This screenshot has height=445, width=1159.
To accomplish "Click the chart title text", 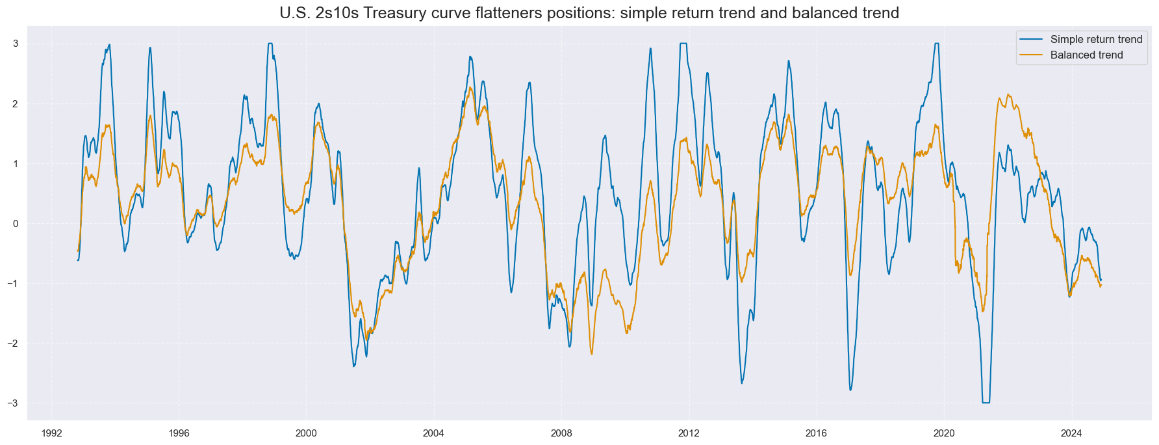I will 589,13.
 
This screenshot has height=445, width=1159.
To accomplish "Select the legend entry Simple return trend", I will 1096,40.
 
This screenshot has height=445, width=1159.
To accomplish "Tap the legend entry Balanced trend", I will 1086,55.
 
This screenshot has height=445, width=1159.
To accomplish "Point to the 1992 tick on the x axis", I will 51,433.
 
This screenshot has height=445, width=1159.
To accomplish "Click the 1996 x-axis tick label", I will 179,433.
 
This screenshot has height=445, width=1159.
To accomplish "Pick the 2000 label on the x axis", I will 306,433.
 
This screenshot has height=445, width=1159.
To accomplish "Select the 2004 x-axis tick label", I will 433,433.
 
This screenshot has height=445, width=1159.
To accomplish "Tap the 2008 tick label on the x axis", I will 561,433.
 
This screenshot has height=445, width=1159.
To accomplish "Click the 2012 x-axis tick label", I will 689,433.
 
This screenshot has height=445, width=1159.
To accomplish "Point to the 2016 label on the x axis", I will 816,433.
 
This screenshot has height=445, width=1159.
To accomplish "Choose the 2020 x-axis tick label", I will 943,433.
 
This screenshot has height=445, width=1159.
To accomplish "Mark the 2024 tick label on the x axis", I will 1071,433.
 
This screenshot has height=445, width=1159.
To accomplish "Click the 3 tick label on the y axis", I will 15,44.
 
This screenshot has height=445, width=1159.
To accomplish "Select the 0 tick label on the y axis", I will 15,223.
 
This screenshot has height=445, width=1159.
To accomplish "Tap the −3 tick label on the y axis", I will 12,403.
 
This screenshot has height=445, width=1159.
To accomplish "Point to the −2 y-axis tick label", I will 12,344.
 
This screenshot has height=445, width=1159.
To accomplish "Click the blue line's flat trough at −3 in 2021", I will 986,403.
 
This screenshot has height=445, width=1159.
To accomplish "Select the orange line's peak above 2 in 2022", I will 1008,95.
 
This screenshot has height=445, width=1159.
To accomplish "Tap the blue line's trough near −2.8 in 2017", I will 850,390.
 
